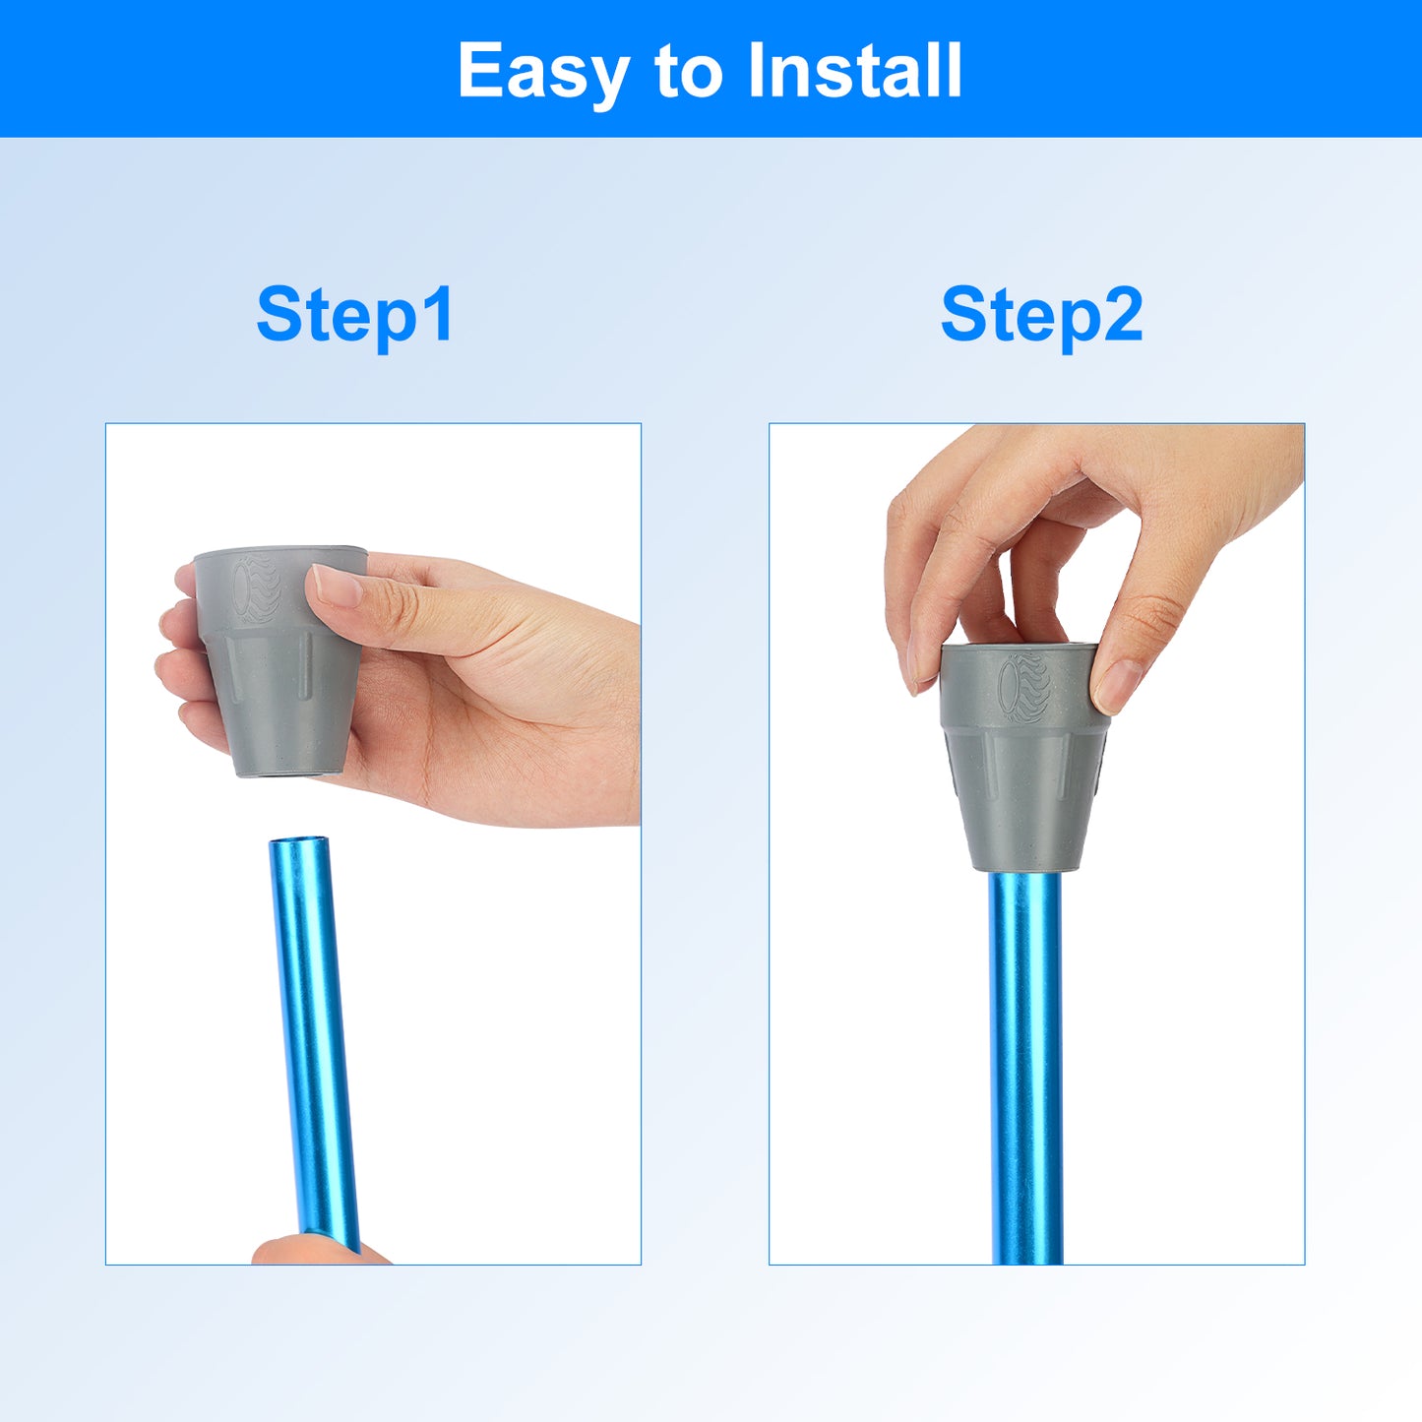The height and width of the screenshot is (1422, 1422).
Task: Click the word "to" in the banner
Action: [x=688, y=72]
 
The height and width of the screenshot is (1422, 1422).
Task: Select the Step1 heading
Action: [x=355, y=317]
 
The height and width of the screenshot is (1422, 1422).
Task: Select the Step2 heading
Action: [x=1041, y=317]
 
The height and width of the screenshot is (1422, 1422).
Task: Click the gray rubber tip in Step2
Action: [x=1024, y=757]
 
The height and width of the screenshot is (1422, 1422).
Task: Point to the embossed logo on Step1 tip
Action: [x=256, y=589]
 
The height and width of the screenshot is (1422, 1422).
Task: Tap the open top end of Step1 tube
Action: [x=298, y=842]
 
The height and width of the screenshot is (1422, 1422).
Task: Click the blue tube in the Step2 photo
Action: [x=1025, y=1067]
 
